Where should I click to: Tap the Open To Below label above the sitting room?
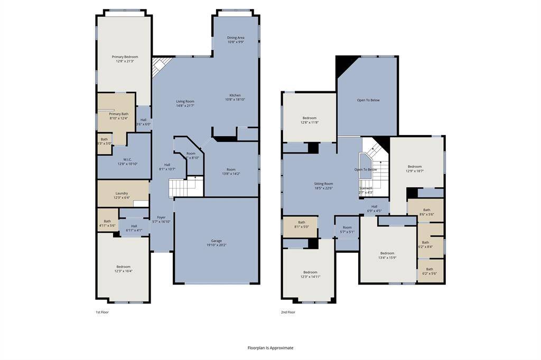[368, 100]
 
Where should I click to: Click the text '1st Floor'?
[102, 312]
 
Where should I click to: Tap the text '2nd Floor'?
[288, 312]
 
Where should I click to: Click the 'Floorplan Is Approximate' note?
[270, 348]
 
